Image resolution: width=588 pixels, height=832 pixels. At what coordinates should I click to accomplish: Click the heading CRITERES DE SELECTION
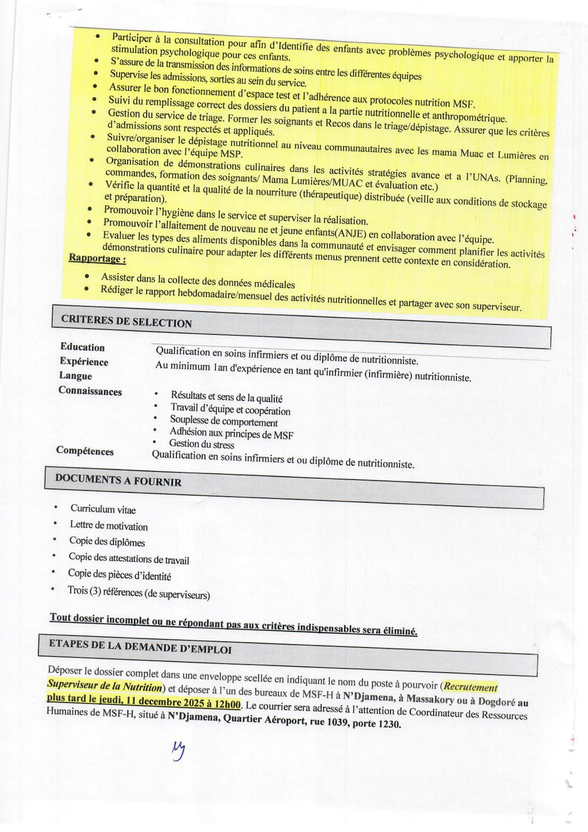(x=126, y=321)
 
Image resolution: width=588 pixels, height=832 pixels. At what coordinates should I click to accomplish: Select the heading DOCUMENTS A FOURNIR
(x=118, y=480)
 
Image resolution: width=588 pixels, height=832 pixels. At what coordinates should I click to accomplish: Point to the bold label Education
(x=82, y=347)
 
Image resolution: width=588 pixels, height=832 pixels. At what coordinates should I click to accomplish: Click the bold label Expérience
(x=84, y=361)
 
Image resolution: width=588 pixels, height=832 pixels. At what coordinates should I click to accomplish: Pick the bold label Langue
(x=75, y=376)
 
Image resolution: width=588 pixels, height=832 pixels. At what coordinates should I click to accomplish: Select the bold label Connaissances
(x=90, y=391)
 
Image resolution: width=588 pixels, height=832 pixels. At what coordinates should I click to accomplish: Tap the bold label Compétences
(x=85, y=451)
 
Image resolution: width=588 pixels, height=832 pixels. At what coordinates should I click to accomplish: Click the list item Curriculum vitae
(x=103, y=509)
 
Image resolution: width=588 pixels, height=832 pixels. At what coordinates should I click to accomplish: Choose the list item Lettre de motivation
(x=109, y=525)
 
